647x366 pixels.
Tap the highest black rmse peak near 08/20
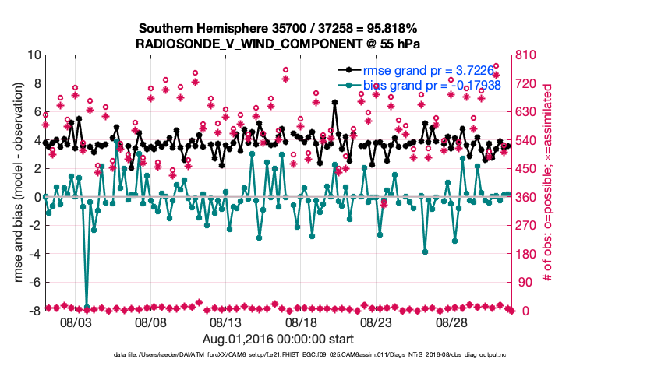coord(334,102)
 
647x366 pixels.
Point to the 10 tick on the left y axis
coord(34,55)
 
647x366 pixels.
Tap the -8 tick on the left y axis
coord(34,311)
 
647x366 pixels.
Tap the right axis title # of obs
coord(547,183)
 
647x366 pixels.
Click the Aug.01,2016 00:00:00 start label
coord(278,339)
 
